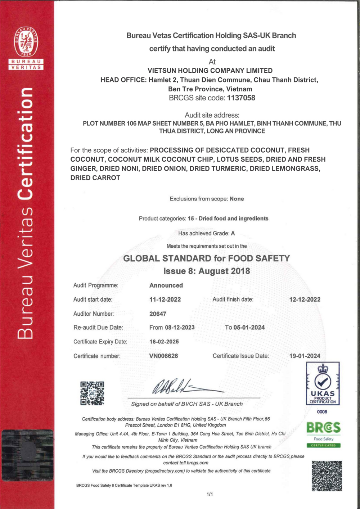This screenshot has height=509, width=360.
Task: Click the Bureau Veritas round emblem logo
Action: (x=26, y=42)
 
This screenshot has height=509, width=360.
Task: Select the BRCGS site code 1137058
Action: (x=241, y=98)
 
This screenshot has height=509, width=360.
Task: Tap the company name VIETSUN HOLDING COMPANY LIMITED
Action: (x=210, y=71)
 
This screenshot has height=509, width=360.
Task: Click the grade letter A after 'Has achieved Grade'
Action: (x=233, y=233)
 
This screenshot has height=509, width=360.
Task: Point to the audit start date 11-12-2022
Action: (x=165, y=299)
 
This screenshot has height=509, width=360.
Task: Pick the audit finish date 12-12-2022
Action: (x=305, y=299)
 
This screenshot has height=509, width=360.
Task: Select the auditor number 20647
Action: (x=158, y=314)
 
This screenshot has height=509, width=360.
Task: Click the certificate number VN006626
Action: (x=163, y=356)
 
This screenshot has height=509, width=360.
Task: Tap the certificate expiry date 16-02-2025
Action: (x=164, y=342)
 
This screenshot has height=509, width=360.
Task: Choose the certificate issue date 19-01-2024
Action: (x=305, y=356)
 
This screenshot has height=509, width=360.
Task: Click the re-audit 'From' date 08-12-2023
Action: (x=180, y=328)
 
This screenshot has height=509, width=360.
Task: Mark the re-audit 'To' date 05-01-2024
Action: (x=249, y=328)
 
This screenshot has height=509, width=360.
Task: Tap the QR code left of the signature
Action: (x=92, y=393)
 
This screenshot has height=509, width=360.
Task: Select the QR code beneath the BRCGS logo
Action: (x=327, y=476)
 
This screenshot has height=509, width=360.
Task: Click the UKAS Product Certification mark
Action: (x=323, y=384)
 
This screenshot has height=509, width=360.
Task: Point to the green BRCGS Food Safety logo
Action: (x=323, y=434)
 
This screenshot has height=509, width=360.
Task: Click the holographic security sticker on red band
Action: (x=27, y=455)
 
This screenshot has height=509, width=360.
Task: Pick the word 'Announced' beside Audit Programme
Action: (x=166, y=285)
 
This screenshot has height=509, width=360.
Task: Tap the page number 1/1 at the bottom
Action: (x=210, y=494)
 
